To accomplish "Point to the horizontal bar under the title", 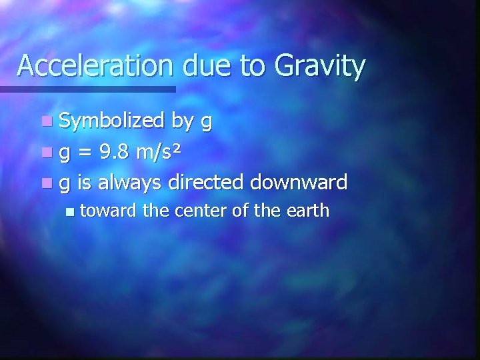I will point(87,89).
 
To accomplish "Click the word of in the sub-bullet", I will point(241,211).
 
